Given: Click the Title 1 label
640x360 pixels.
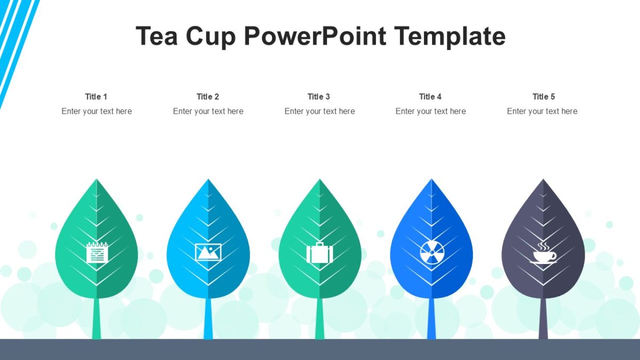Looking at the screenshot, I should (96, 97).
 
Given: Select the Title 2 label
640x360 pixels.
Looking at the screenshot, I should (208, 97).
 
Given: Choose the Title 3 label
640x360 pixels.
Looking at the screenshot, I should (319, 97).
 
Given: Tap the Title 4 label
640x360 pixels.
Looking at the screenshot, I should (430, 97).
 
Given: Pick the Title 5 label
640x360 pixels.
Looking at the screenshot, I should (543, 97).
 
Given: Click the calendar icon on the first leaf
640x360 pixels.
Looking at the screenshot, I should (97, 252).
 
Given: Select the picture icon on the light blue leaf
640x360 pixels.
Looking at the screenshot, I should (208, 252).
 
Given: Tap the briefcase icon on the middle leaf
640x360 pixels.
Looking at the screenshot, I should (319, 253).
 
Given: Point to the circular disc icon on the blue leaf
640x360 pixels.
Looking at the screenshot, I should (431, 252).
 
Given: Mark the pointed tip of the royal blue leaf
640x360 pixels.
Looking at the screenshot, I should (431, 181).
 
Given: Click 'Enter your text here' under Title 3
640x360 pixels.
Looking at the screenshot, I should (319, 111).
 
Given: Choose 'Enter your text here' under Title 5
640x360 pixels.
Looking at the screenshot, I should (542, 111).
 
